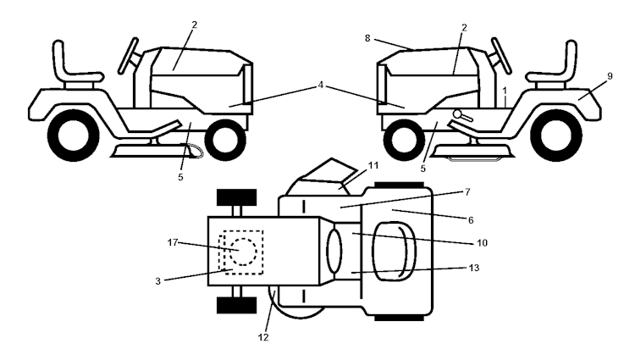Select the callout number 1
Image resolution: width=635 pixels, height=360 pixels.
point(505,89)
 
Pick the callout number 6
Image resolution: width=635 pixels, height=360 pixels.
point(471,219)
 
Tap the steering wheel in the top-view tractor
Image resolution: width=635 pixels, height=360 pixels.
point(333,252)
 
